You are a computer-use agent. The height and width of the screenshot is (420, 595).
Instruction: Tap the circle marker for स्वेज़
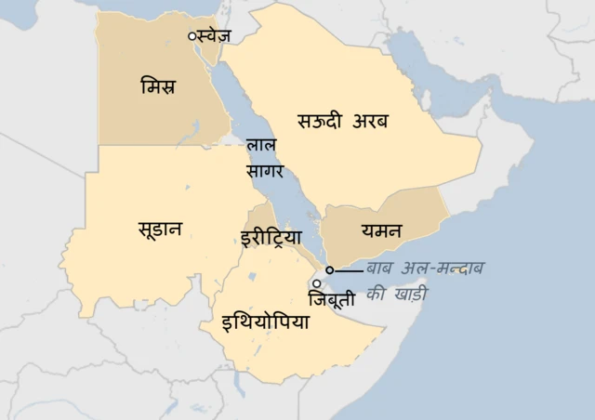tap(192, 36)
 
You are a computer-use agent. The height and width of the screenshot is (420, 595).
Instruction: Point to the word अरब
tap(371, 122)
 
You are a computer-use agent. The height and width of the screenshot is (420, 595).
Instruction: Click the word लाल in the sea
tap(259, 149)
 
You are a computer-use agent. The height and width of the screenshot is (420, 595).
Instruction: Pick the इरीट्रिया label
tap(271, 237)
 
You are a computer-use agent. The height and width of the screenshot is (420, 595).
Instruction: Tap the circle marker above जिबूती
tap(317, 283)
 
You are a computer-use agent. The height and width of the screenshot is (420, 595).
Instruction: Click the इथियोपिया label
tap(266, 323)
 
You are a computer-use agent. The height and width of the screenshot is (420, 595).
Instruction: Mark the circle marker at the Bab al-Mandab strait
tap(330, 270)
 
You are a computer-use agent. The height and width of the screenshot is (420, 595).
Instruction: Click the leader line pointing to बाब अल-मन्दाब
tap(349, 270)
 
